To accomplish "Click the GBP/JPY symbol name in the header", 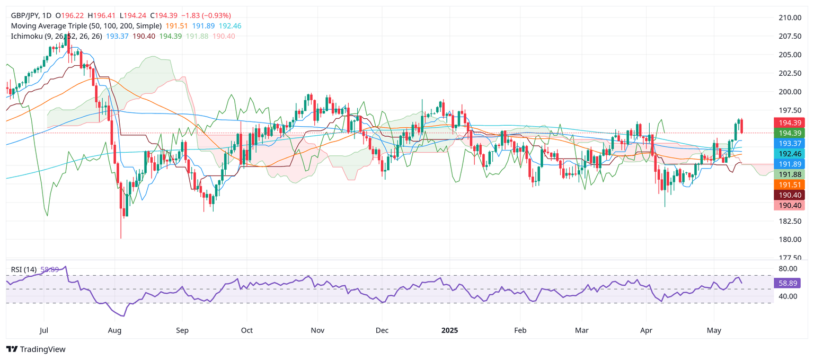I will pyautogui.click(x=28, y=16).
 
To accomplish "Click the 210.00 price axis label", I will pyautogui.click(x=789, y=17).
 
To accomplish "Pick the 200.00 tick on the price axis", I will pyautogui.click(x=789, y=92).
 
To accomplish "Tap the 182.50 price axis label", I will pyautogui.click(x=789, y=221).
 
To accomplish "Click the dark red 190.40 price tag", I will pyautogui.click(x=789, y=195).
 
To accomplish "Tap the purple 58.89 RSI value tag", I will pyautogui.click(x=789, y=283).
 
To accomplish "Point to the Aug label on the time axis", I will pyautogui.click(x=114, y=330).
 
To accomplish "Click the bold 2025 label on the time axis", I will pyautogui.click(x=449, y=330).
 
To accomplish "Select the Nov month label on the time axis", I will pyautogui.click(x=317, y=330).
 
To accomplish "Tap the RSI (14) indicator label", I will pyautogui.click(x=24, y=269).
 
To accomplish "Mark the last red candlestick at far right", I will pyautogui.click(x=742, y=126).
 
